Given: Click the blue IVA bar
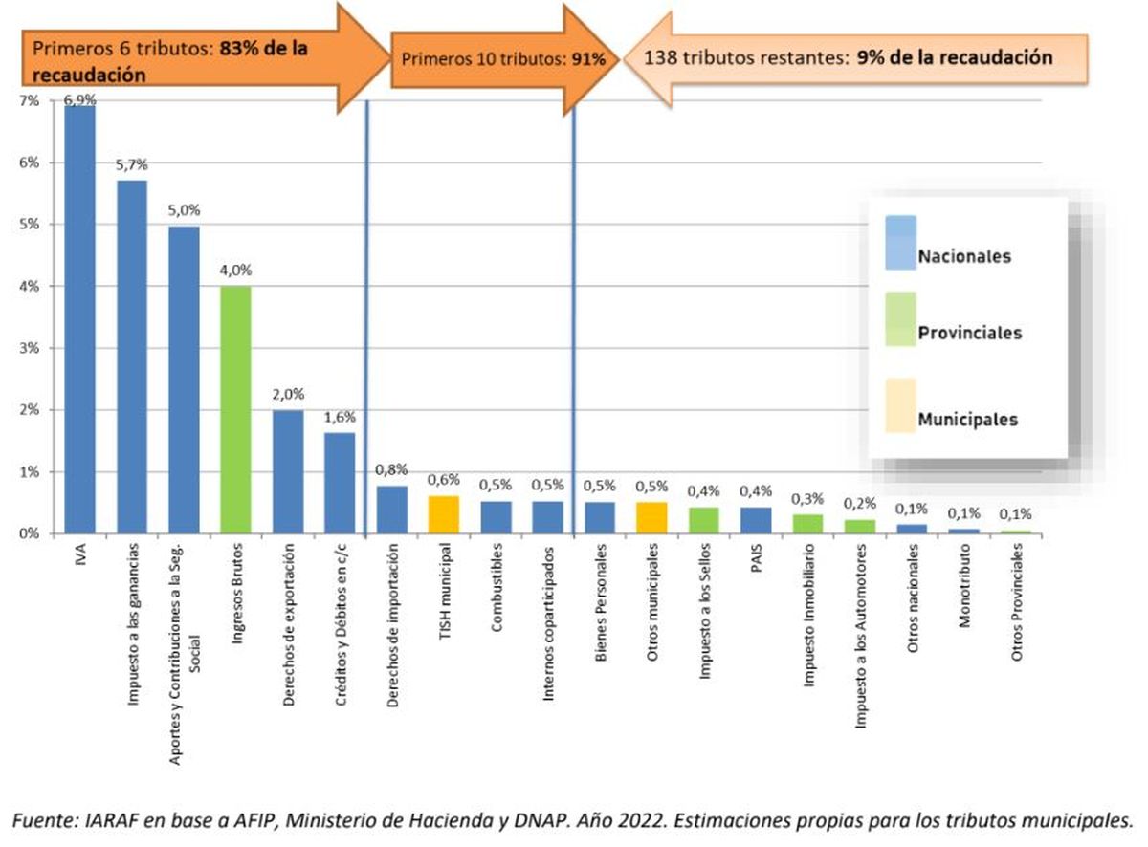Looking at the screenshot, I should click(79, 320).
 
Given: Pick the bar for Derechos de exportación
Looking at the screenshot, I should click(288, 471).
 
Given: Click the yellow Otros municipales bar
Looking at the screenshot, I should click(651, 517).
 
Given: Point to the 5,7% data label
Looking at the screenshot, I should click(131, 165).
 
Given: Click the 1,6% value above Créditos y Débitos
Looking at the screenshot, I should click(340, 417).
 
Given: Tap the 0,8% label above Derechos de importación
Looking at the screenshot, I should click(391, 469).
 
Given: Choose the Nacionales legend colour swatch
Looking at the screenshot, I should click(900, 244).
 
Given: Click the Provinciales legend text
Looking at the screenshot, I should click(969, 334).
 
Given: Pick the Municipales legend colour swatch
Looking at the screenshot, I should click(900, 405).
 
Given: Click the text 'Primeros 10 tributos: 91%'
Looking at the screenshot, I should click(502, 59).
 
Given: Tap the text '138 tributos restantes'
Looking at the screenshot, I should click(746, 57).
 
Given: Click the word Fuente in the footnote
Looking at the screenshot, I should click(41, 819).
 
